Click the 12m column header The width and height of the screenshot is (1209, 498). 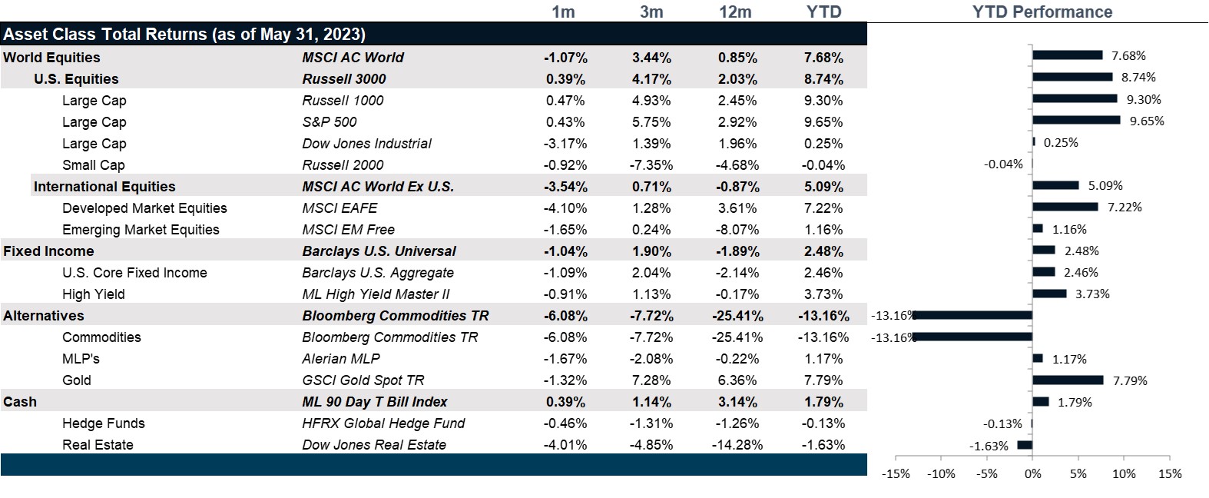735,12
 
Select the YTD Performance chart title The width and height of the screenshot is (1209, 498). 1042,12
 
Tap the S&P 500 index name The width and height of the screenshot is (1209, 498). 330,122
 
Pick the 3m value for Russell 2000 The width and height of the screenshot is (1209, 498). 651,165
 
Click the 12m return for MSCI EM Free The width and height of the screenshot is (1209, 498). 737,230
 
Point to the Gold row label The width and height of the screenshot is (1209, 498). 77,380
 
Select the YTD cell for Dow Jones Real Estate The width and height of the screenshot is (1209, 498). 823,445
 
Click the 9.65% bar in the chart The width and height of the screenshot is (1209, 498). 1076,120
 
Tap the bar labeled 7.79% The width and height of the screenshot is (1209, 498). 1068,380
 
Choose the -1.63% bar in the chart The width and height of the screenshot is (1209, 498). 1025,445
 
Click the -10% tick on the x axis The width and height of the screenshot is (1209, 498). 942,474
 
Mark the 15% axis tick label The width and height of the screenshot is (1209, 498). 1169,474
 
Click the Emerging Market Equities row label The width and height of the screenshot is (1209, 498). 141,230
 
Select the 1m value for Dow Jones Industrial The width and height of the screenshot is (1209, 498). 565,144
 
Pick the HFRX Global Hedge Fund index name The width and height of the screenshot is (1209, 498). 383,423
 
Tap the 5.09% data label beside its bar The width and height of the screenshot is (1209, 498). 1105,186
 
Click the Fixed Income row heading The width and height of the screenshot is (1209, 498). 48,251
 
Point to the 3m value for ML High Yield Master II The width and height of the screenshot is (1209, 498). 651,294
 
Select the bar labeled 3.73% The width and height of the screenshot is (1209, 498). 1049,294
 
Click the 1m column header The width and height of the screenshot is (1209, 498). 563,12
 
